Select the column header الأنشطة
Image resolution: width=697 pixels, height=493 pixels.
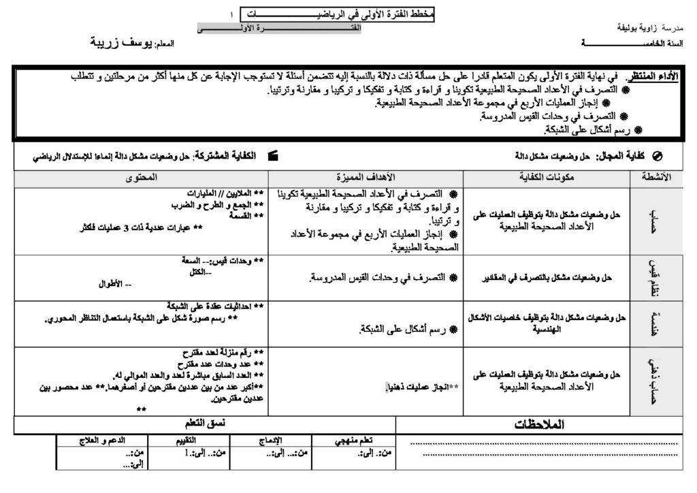tap(655, 177)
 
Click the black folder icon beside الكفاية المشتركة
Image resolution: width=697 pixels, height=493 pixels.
tap(274, 155)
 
